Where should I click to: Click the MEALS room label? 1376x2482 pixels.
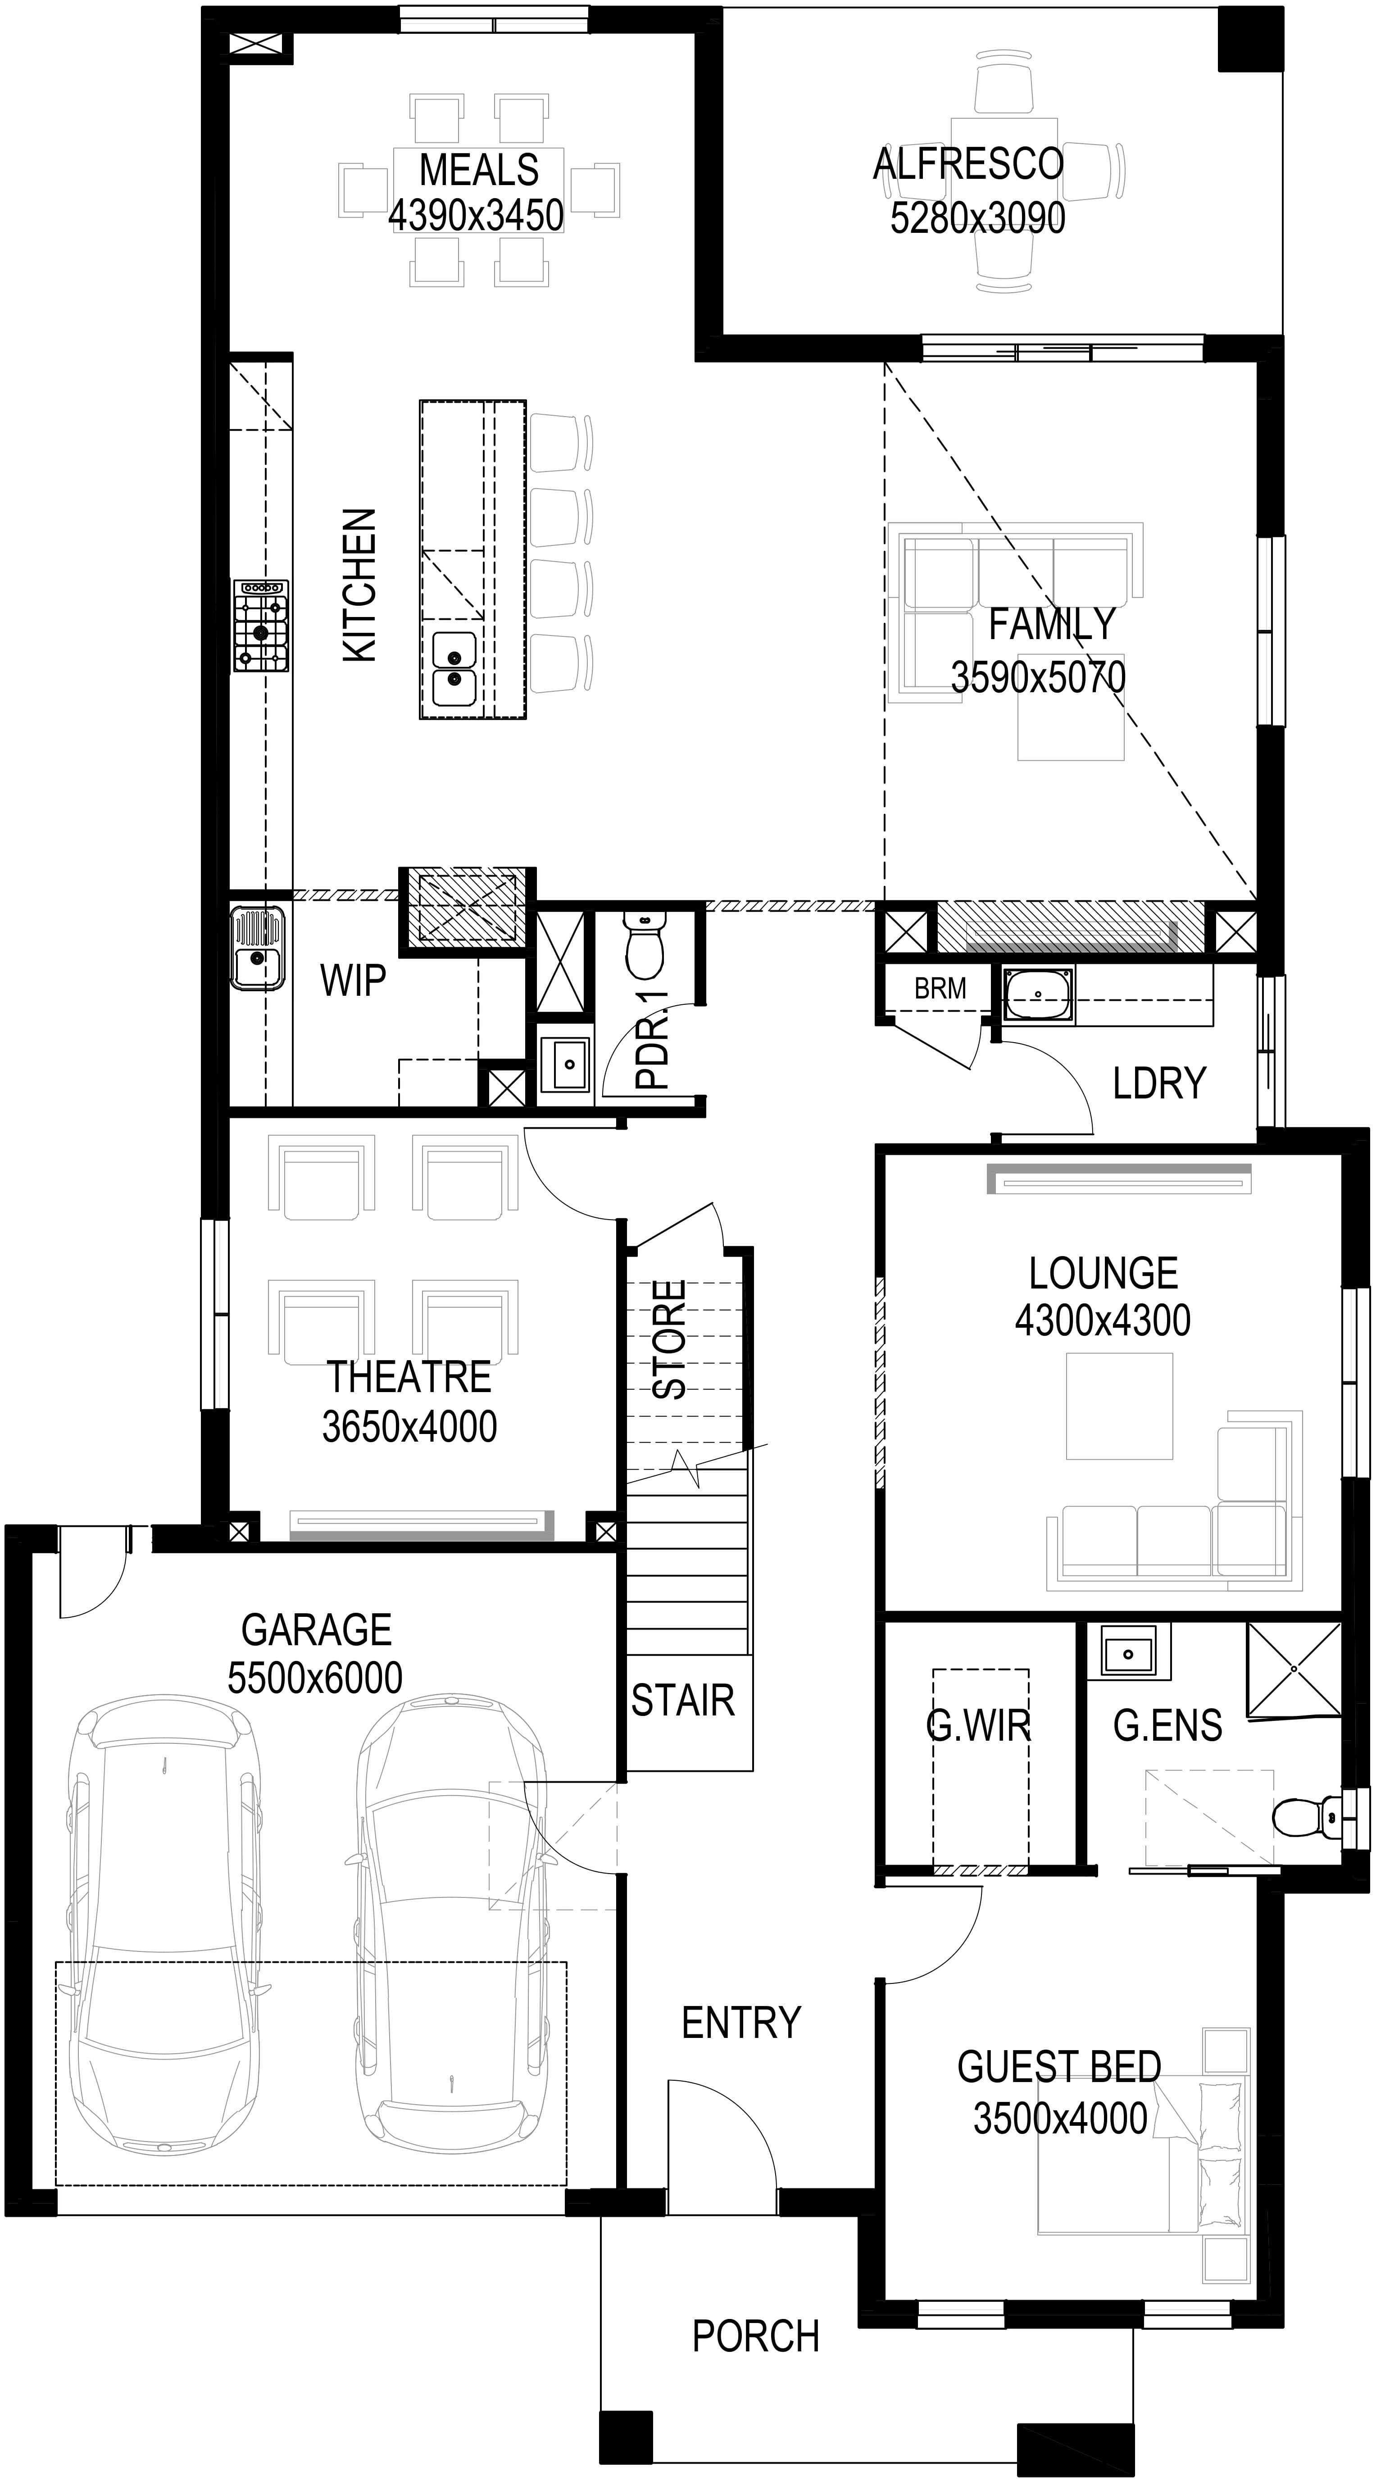point(479,171)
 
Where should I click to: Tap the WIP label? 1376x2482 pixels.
point(353,981)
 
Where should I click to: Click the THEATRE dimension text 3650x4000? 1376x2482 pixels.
point(409,1427)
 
